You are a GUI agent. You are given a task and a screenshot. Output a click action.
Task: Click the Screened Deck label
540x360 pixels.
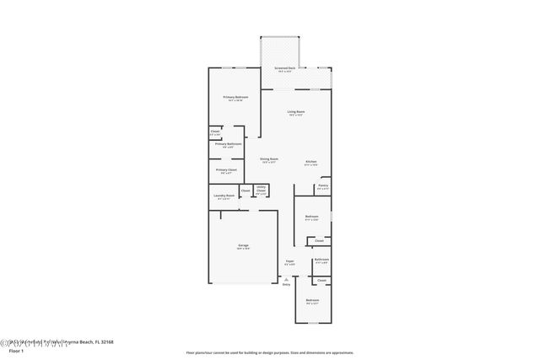coord(284,67)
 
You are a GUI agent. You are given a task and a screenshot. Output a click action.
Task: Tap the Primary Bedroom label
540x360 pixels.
coord(235,98)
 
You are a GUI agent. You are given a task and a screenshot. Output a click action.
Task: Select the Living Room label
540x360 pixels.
coord(295,112)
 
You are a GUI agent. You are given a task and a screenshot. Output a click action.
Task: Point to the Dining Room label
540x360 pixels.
coord(269,159)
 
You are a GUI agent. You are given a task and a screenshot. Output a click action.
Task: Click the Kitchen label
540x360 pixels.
coord(310,161)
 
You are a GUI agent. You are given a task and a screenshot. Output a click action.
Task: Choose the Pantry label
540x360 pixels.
coord(322,185)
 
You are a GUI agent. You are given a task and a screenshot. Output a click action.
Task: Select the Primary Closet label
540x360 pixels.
coord(225,170)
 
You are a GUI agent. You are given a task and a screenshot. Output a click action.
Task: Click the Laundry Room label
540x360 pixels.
coord(224,196)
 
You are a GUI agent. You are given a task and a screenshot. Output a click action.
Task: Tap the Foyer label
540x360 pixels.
coord(289,261)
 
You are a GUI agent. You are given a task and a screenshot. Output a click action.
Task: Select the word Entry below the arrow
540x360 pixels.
coord(286,285)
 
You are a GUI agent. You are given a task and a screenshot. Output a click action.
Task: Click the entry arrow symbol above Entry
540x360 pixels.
coord(286,279)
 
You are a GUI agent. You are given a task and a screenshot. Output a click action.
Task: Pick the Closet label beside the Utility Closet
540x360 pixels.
coord(245,190)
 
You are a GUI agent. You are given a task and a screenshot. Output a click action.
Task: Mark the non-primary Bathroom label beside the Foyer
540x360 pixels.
coord(321,260)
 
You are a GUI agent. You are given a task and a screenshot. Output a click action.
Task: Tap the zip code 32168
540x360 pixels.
coord(104,342)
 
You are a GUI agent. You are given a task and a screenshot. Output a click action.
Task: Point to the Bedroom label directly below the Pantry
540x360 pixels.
coord(311,218)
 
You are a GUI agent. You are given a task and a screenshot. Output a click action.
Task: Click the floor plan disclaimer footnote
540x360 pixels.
coord(270,352)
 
